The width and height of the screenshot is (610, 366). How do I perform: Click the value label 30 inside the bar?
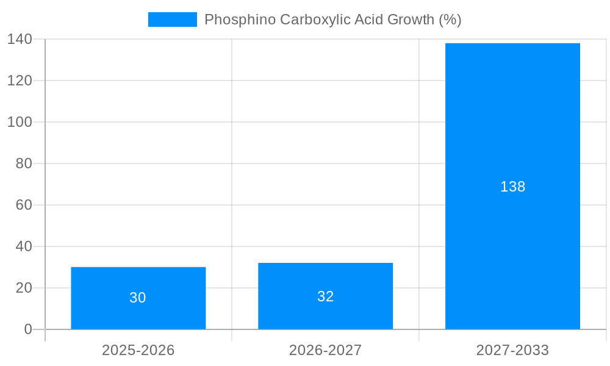pyautogui.click(x=138, y=298)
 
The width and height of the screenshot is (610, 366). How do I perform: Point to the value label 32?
pyautogui.click(x=325, y=296)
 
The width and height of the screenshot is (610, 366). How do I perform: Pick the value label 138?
pyautogui.click(x=512, y=187)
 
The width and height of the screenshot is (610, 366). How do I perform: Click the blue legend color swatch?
pyautogui.click(x=173, y=20)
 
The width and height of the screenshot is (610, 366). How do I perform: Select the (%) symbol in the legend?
pyautogui.click(x=450, y=20)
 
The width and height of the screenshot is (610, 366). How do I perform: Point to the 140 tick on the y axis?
pyautogui.click(x=20, y=39)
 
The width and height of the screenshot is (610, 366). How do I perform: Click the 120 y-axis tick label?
pyautogui.click(x=20, y=81)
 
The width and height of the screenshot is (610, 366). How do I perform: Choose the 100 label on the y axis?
pyautogui.click(x=20, y=122)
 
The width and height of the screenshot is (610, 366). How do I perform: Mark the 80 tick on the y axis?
pyautogui.click(x=23, y=163)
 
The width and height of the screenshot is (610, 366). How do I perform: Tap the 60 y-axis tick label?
pyautogui.click(x=23, y=205)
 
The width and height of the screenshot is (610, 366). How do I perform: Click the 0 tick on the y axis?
pyautogui.click(x=27, y=329)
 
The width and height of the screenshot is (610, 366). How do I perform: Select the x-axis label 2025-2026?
pyautogui.click(x=138, y=350)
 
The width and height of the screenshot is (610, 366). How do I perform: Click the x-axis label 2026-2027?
pyautogui.click(x=325, y=350)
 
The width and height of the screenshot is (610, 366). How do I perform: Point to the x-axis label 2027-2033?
pyautogui.click(x=512, y=350)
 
